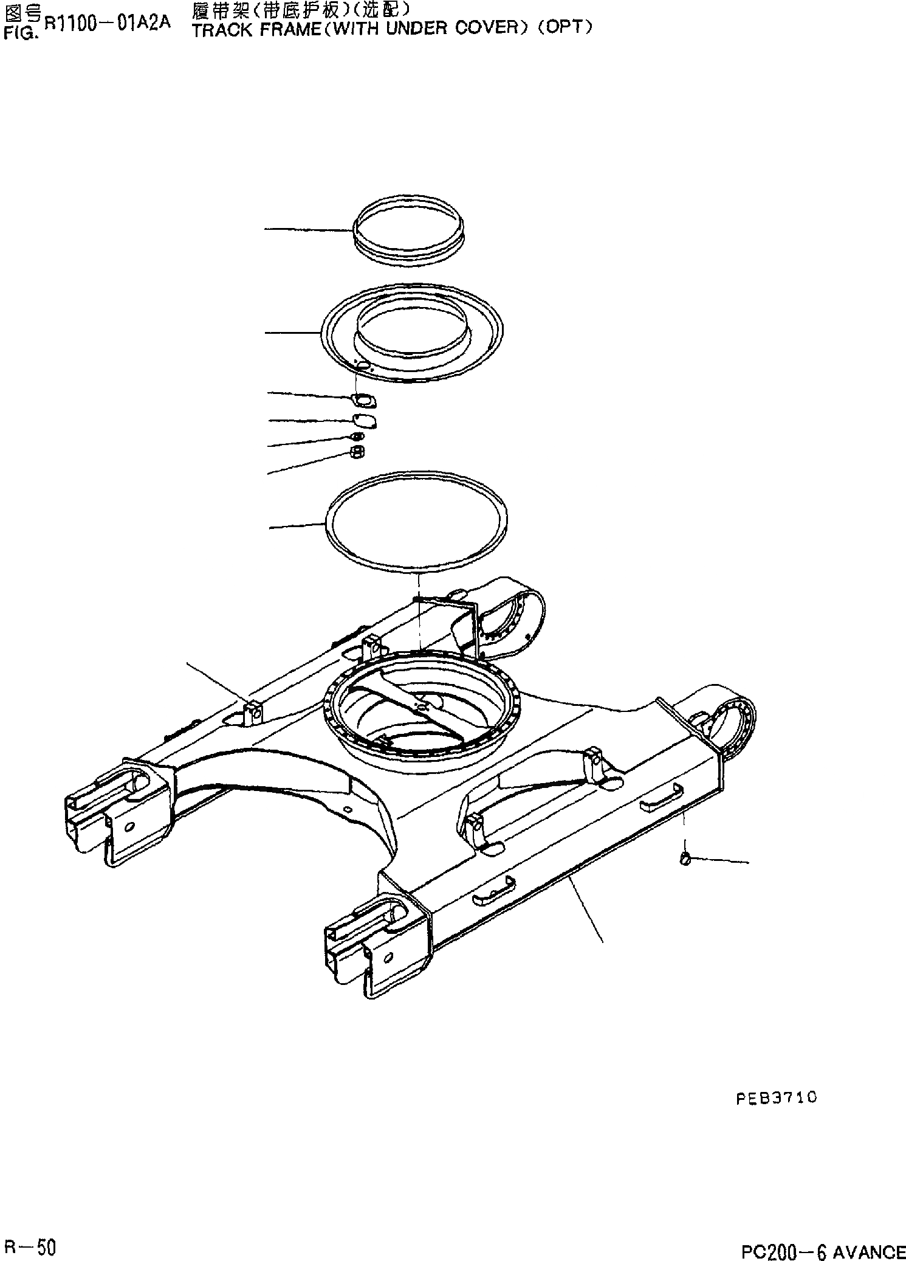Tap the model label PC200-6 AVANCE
point(823,1248)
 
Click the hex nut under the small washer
point(358,452)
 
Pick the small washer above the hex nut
point(358,437)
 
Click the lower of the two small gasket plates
point(365,421)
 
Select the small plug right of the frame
point(685,859)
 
